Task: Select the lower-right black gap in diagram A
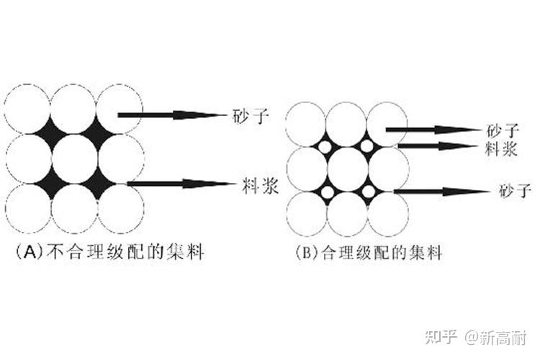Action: point(97,181)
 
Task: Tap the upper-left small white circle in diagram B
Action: point(325,147)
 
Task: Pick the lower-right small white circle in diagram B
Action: point(368,192)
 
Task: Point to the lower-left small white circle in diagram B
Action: point(326,192)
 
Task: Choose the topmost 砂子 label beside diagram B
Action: point(500,130)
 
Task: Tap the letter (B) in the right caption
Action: point(306,253)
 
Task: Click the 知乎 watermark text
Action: point(441,336)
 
